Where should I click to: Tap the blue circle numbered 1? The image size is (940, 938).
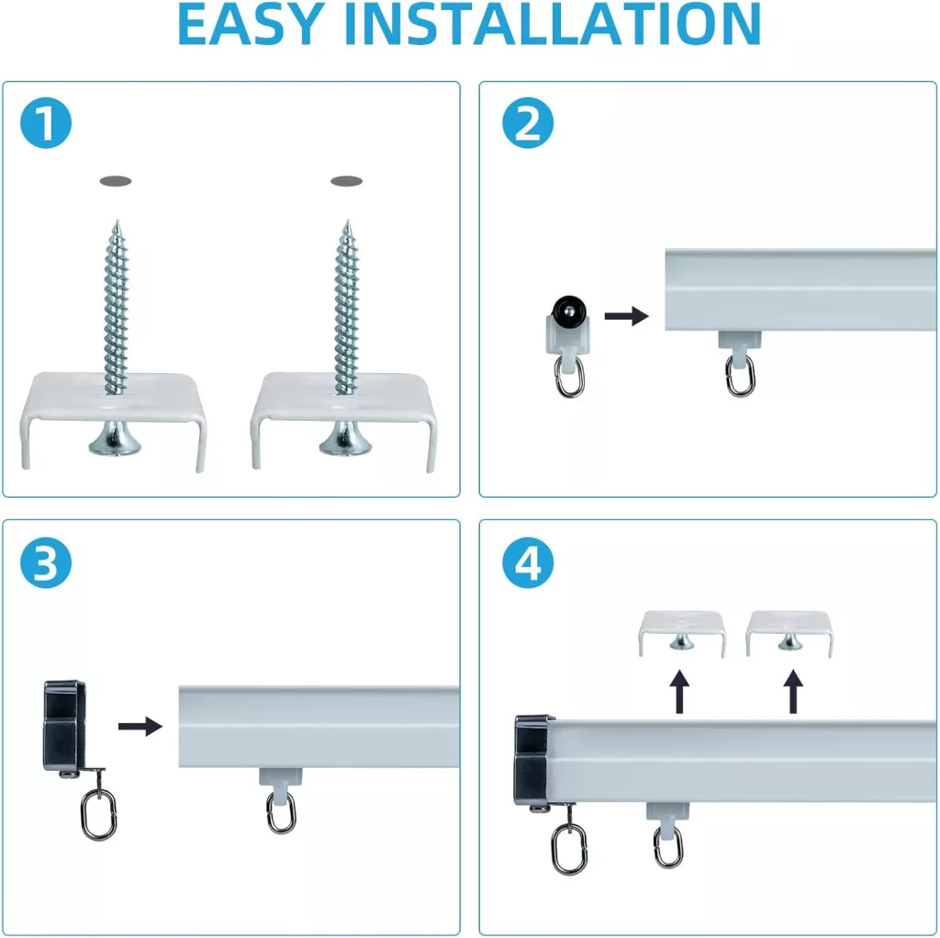pyautogui.click(x=46, y=123)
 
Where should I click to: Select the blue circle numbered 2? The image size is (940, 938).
pyautogui.click(x=528, y=123)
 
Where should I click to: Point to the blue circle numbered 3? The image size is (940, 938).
pyautogui.click(x=46, y=563)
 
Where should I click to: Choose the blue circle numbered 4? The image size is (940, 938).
pyautogui.click(x=528, y=563)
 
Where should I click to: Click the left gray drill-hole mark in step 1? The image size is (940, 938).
pyautogui.click(x=116, y=181)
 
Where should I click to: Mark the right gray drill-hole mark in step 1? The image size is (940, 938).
pyautogui.click(x=346, y=181)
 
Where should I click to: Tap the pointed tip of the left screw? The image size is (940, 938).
pyautogui.click(x=117, y=220)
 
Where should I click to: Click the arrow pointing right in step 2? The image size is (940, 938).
pyautogui.click(x=626, y=316)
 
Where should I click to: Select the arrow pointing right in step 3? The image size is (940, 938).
pyautogui.click(x=140, y=726)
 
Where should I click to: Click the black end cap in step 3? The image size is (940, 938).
pyautogui.click(x=63, y=726)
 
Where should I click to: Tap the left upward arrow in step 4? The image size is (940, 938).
pyautogui.click(x=679, y=692)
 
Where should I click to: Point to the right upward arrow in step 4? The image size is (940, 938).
pyautogui.click(x=793, y=692)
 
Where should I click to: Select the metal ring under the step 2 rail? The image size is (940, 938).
pyautogui.click(x=741, y=375)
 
